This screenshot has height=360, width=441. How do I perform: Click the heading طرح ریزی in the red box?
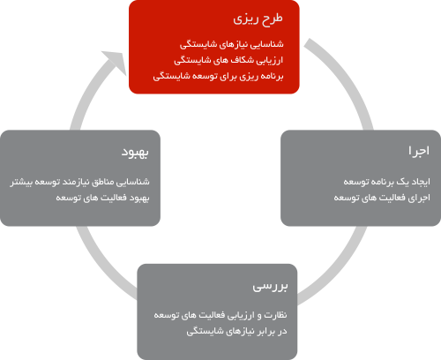tap(258, 19)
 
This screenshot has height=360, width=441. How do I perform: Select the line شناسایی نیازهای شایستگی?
tap(232, 44)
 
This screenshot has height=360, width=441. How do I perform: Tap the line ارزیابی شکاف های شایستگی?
tap(228, 60)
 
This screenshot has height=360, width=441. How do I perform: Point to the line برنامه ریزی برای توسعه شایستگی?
tap(218, 76)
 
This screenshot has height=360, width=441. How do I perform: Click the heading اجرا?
tap(419, 151)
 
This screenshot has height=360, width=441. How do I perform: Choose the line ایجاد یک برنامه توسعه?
tap(386, 182)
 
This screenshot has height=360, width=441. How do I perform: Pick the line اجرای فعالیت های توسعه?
tap(382, 198)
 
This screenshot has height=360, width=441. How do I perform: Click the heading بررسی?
tap(270, 286)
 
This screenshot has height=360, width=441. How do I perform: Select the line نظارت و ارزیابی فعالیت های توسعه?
tap(220, 315)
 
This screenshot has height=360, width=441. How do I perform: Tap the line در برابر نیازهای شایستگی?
tap(236, 331)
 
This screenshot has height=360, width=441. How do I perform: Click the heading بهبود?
tap(135, 153)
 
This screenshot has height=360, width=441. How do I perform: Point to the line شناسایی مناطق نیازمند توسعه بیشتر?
tap(79, 182)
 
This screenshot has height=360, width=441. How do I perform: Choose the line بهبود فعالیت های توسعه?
tap(102, 198)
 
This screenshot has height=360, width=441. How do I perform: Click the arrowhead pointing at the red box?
tap(116, 62)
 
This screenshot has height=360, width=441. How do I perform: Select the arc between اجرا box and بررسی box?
tap(338, 269)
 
